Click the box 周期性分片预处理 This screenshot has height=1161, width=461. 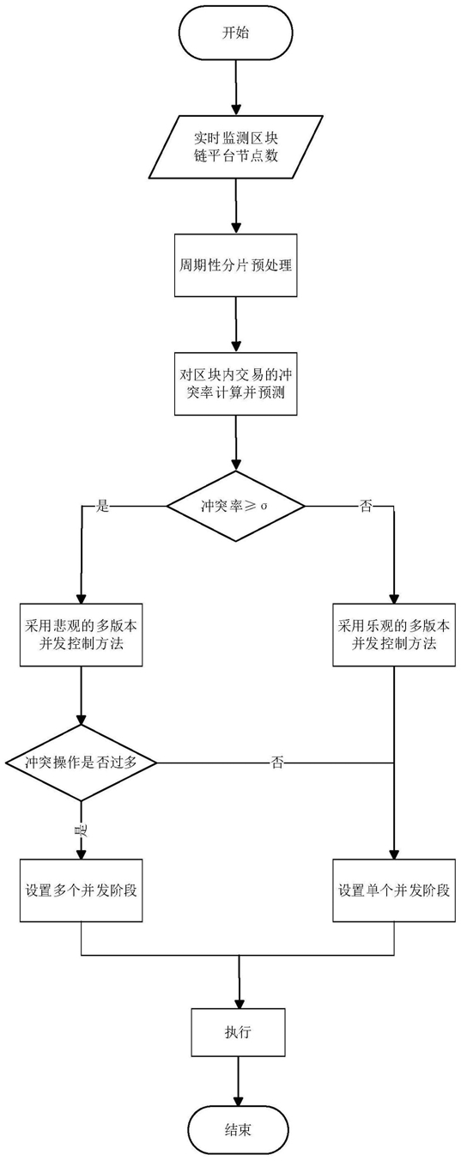click(236, 265)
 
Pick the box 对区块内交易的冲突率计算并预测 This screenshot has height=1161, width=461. click(236, 384)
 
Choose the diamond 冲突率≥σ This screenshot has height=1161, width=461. click(236, 507)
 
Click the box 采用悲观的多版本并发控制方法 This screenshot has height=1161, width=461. click(82, 635)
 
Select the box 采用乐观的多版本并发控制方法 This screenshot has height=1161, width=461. click(394, 635)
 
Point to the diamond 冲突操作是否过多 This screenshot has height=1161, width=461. click(82, 763)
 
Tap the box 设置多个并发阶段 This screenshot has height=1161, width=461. click(82, 891)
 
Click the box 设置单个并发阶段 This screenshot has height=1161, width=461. click(394, 891)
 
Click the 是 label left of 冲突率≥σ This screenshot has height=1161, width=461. click(103, 507)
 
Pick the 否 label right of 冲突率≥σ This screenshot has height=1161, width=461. click(366, 507)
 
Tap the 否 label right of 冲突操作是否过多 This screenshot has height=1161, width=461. click(277, 763)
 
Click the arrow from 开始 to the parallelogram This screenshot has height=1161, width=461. click(236, 87)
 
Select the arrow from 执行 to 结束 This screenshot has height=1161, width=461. click(239, 1082)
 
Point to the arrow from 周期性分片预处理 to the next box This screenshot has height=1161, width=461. click(236, 325)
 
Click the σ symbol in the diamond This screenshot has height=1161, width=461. click(264, 507)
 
